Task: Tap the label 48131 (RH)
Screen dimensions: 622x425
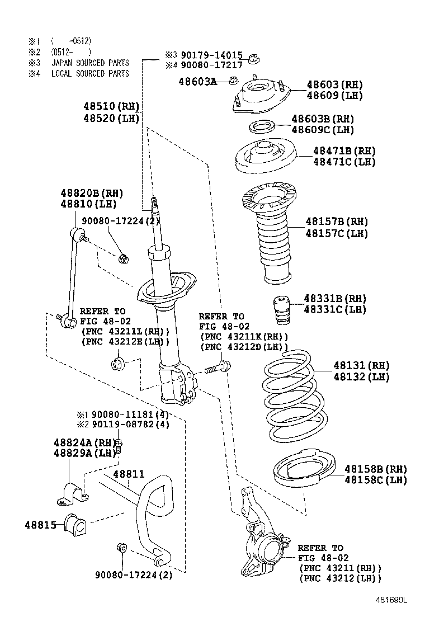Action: coord(361,365)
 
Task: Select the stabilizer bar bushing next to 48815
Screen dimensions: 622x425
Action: coord(74,524)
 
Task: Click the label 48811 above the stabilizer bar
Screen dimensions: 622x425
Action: coord(129,474)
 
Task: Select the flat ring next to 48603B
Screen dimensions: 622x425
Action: coord(261,126)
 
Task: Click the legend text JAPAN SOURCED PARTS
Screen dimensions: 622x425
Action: coord(89,63)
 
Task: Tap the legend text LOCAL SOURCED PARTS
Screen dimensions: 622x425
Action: coord(89,73)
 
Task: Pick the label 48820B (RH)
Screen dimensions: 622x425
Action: coord(92,193)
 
